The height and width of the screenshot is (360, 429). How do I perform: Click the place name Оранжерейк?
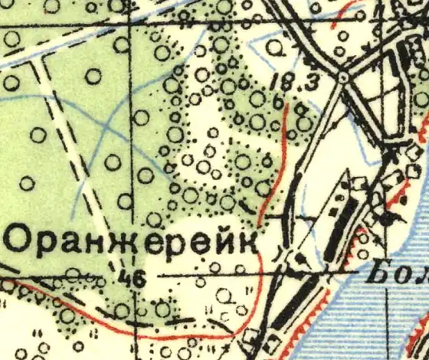[131, 241]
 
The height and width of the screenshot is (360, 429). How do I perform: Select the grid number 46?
[133, 280]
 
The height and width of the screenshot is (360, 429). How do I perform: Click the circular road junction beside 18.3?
[342, 77]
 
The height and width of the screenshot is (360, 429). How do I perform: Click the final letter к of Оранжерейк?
[247, 241]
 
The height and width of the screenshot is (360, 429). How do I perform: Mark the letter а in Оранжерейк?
[75, 242]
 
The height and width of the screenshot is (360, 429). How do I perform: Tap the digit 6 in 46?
[139, 280]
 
